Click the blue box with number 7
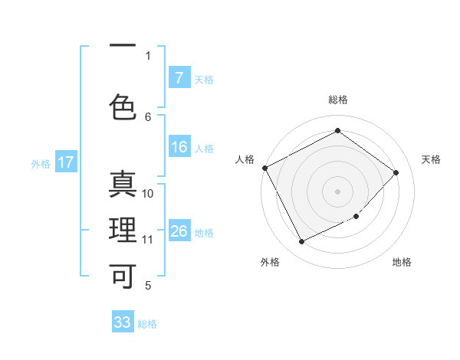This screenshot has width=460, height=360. [x=179, y=78]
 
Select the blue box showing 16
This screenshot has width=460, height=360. [x=179, y=147]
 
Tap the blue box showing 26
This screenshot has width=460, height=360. [x=179, y=231]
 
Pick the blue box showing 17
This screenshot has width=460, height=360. [x=65, y=162]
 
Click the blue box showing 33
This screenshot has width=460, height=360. [x=123, y=322]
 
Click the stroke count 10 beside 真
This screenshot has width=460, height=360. [x=148, y=194]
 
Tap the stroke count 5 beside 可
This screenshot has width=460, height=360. [x=148, y=286]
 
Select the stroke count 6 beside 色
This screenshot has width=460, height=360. [x=148, y=116]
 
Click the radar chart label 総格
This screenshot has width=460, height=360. [x=338, y=100]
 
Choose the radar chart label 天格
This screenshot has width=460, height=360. [x=431, y=159]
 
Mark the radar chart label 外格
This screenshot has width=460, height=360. [x=270, y=262]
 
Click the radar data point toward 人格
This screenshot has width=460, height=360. [x=264, y=168]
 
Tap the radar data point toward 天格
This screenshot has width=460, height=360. [x=396, y=172]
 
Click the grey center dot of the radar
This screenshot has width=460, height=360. [x=338, y=191]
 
